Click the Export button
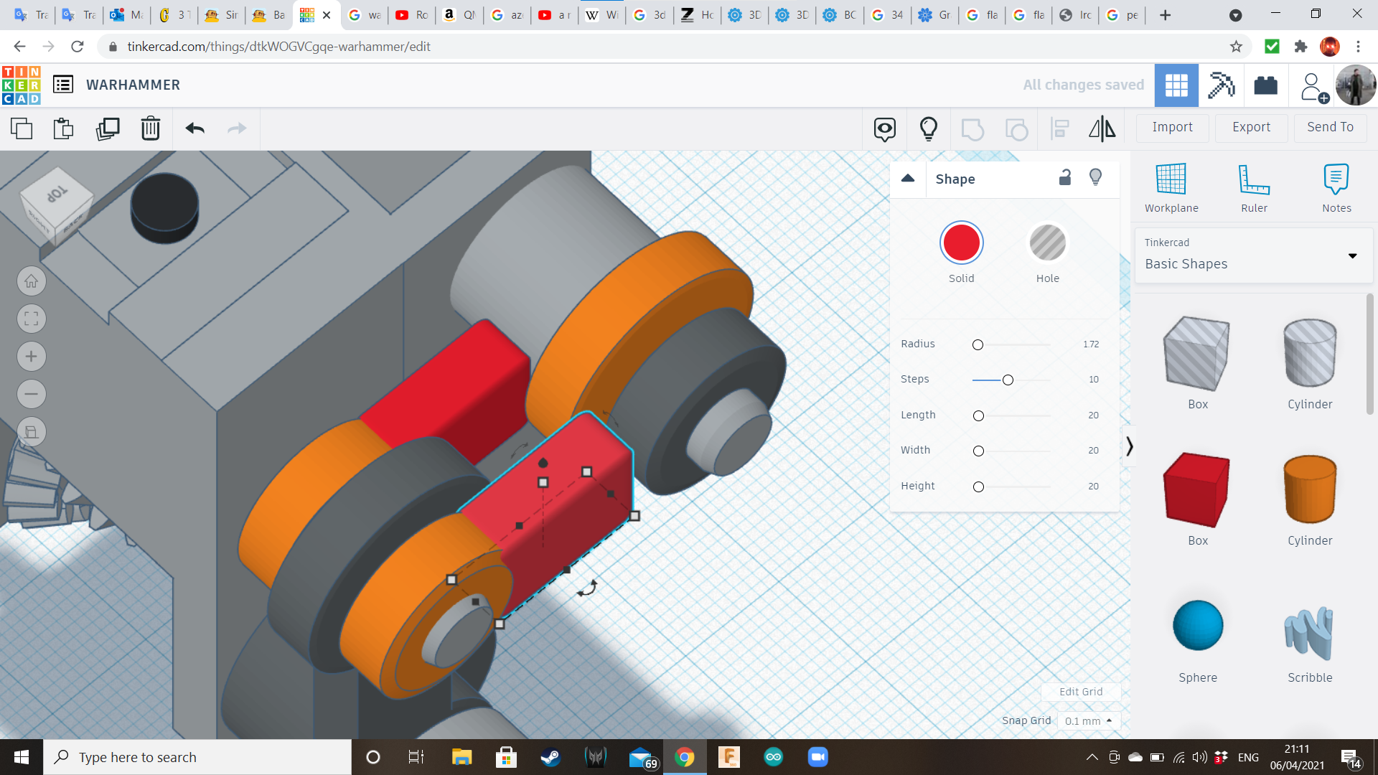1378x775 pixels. (x=1251, y=127)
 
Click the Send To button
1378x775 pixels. (x=1330, y=127)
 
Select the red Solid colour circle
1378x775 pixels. (x=961, y=243)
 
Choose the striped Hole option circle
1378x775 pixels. (x=1047, y=243)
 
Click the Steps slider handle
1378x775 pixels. (x=1008, y=380)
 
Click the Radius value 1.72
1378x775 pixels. (x=1091, y=344)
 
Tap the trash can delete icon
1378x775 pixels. (x=150, y=128)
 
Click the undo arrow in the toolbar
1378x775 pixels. (x=194, y=128)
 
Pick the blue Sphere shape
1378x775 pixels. (x=1197, y=625)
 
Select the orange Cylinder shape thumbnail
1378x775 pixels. (x=1309, y=489)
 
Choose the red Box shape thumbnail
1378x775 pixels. (x=1197, y=489)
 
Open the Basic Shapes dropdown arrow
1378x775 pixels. (x=1352, y=256)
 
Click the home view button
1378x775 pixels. (x=31, y=281)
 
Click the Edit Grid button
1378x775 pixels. (x=1080, y=692)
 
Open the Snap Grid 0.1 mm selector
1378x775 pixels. (x=1088, y=720)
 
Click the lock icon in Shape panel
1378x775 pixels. (x=1065, y=177)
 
